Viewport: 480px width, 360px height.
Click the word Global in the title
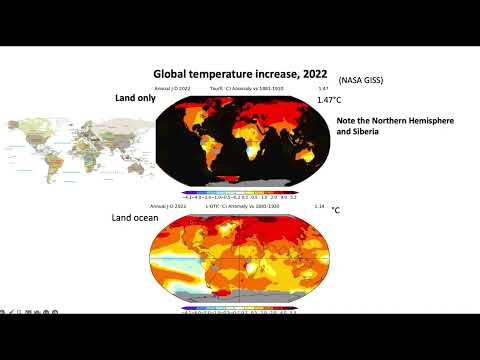click(170, 74)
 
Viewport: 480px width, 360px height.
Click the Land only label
click(136, 99)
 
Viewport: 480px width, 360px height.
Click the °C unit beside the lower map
click(337, 211)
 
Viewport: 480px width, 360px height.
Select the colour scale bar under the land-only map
click(240, 192)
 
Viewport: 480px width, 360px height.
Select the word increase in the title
click(276, 74)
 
